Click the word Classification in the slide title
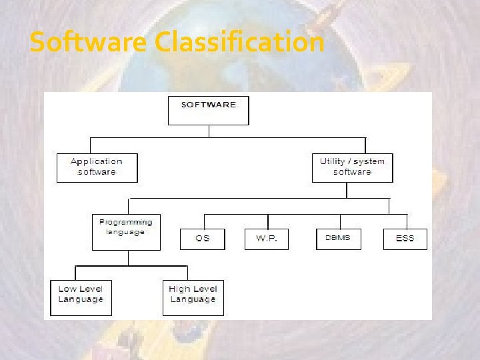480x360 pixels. [x=239, y=43]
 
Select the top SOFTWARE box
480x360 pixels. [x=208, y=110]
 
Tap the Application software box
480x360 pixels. [x=97, y=167]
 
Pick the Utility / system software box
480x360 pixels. [x=352, y=167]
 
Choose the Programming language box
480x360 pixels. [x=126, y=232]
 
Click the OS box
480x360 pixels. [x=202, y=239]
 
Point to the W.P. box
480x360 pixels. [x=267, y=239]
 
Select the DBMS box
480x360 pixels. [x=338, y=239]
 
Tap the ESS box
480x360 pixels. [x=405, y=239]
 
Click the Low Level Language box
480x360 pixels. [x=81, y=297]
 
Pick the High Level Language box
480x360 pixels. [x=193, y=297]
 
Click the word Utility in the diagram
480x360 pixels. [x=333, y=161]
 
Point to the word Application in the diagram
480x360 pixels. [x=97, y=161]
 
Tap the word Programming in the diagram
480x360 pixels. [x=126, y=222]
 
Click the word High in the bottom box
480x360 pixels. [x=179, y=289]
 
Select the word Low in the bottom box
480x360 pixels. [x=67, y=289]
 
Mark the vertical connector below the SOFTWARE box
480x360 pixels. [x=209, y=131]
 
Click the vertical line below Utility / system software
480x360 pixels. [x=347, y=190]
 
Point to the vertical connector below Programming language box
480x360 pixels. [x=126, y=258]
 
